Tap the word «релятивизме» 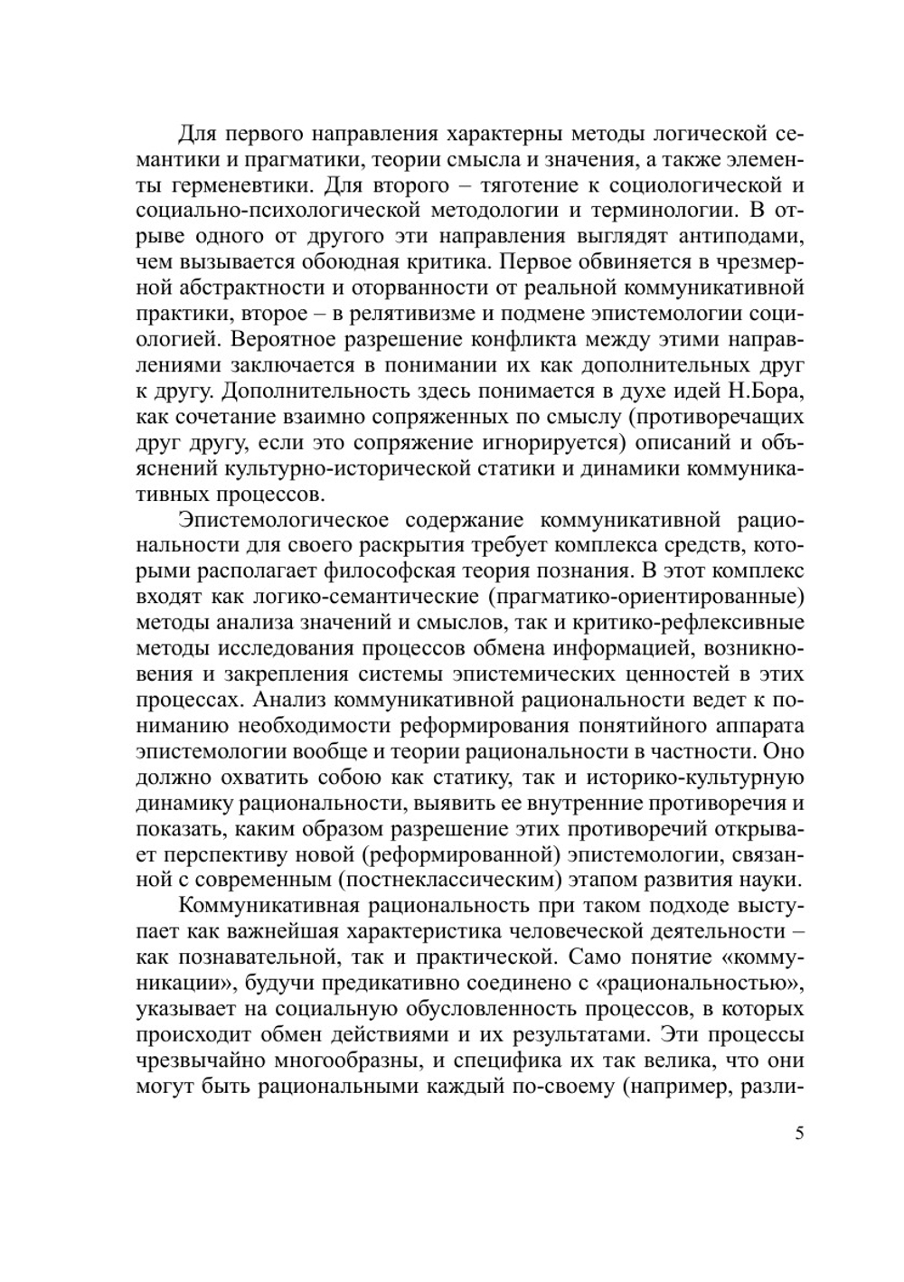pos(410,315)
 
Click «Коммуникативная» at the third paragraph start pos(265,905)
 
